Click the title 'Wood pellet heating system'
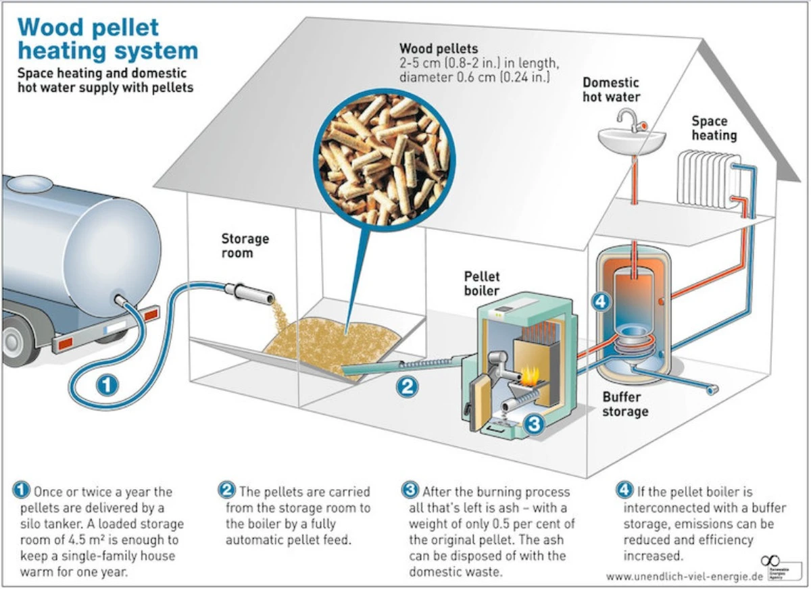[x=107, y=39]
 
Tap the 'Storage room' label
[x=245, y=246]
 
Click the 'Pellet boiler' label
[x=481, y=284]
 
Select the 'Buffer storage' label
[x=624, y=404]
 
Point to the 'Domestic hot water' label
[x=611, y=89]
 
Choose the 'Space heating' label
[x=714, y=128]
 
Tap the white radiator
[x=706, y=178]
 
